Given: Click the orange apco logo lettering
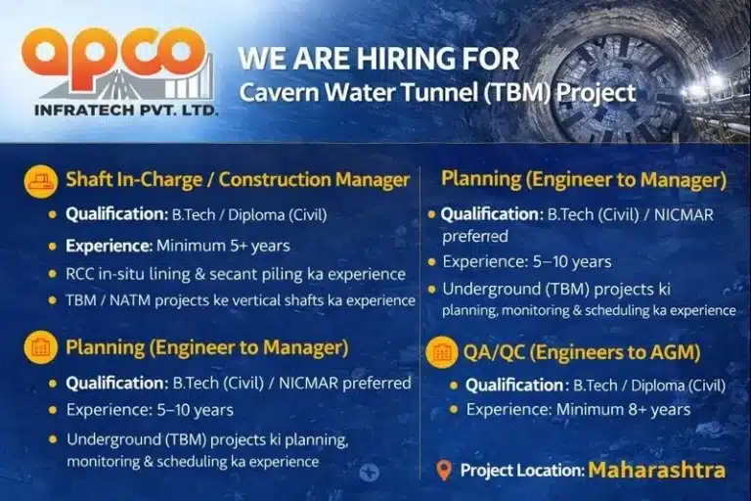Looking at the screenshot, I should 115,53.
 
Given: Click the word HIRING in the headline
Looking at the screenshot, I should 412,58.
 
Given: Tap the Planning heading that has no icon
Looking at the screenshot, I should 584,180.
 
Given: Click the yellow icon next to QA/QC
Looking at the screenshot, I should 441,353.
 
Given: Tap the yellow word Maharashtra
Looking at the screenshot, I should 656,470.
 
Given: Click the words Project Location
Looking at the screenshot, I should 521,471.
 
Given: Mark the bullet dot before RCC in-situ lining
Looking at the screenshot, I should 53,275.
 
